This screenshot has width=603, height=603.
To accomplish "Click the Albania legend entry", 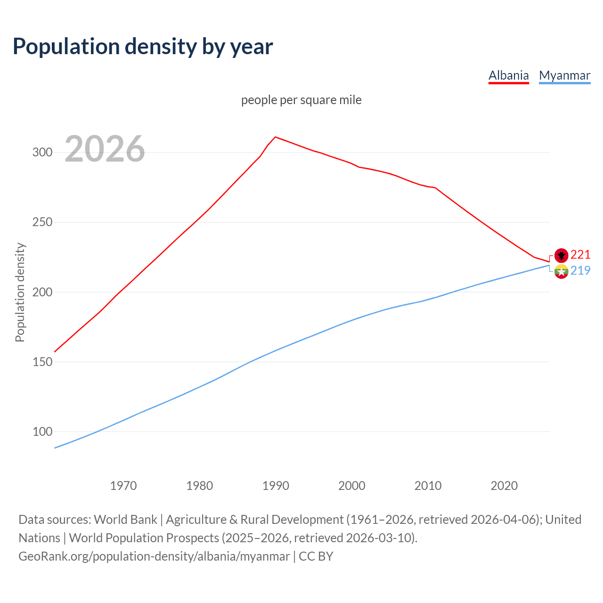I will (508, 75).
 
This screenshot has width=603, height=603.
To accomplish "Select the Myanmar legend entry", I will (564, 75).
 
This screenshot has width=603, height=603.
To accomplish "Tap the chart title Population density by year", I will (143, 46).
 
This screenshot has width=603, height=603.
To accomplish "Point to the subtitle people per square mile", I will (301, 100).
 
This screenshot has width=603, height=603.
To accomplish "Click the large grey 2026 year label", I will (105, 149).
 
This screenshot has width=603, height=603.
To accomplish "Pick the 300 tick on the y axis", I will (42, 152).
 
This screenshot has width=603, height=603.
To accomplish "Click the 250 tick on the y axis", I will (42, 222).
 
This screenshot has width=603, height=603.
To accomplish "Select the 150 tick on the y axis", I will (42, 362).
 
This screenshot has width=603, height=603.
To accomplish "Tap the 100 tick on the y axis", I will (42, 432).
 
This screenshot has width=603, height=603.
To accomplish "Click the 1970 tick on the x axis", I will (123, 485).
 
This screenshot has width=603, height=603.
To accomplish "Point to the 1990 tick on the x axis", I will (276, 485).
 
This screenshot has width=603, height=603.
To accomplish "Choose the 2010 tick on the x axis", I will (428, 485).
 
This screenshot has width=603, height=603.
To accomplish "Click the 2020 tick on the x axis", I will (504, 485).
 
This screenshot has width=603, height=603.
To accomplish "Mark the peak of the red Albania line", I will (276, 137).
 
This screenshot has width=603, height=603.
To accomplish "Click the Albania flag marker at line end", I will (561, 255).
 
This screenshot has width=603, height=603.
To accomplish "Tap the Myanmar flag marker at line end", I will (561, 271).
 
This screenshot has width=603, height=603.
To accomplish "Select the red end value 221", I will (580, 254).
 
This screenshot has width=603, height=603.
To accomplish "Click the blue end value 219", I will (580, 270).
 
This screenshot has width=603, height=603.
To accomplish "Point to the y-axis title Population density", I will (20, 292).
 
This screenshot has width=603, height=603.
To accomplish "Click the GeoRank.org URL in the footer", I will (154, 556).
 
